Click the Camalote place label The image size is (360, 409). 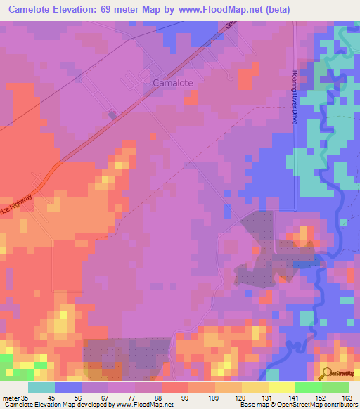click(x=173, y=82)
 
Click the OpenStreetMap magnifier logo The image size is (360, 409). click(x=326, y=373)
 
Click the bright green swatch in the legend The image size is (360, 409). click(x=308, y=387)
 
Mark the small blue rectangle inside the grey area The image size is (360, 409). click(x=303, y=264)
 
